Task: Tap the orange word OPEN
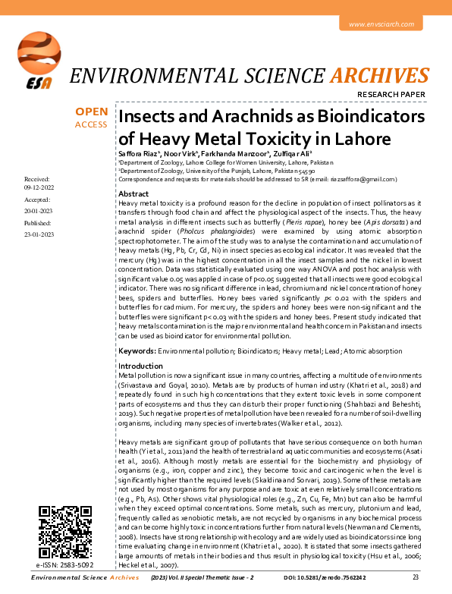click(91, 112)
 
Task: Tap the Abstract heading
click(133, 194)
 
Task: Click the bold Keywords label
click(137, 351)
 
